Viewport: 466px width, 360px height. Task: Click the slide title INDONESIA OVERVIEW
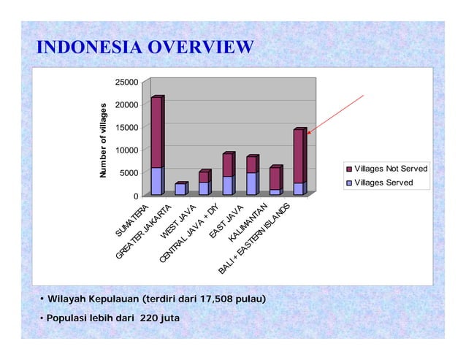pyautogui.click(x=145, y=48)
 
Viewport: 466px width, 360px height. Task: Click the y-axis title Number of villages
pyautogui.click(x=104, y=139)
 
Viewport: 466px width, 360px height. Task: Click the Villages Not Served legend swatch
pyautogui.click(x=348, y=169)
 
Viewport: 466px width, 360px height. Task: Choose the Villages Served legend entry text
pyautogui.click(x=383, y=183)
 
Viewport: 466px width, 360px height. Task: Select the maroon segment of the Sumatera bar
pyautogui.click(x=156, y=131)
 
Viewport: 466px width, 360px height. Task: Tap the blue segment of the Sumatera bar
pyautogui.click(x=156, y=181)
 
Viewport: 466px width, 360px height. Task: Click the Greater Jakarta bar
pyautogui.click(x=180, y=189)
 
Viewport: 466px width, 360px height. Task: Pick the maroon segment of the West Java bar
pyautogui.click(x=203, y=177)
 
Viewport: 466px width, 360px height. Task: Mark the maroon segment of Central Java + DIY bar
pyautogui.click(x=227, y=165)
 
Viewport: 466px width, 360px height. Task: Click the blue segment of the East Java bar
pyautogui.click(x=251, y=184)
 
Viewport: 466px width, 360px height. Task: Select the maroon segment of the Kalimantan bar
pyautogui.click(x=275, y=179)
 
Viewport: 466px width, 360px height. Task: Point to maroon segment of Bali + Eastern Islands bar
pyautogui.click(x=299, y=156)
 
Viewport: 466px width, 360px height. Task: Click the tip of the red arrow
pyautogui.click(x=308, y=134)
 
